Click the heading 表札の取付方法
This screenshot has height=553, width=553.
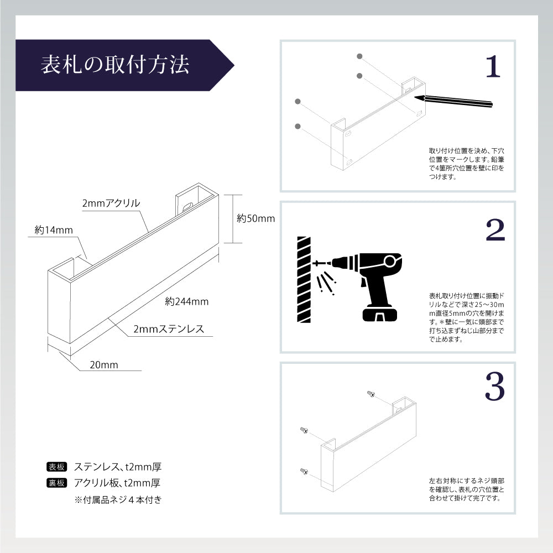pos(115,65)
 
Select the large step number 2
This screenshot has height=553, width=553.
pos(494,231)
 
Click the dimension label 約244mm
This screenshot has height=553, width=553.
pos(186,301)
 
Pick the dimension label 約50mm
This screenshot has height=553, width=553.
pos(255,218)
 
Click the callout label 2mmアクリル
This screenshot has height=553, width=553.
pos(111,204)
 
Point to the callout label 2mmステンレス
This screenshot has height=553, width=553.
pos(169,330)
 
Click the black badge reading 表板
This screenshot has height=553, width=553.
pos(57,466)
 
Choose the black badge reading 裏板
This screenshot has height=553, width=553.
pos(57,483)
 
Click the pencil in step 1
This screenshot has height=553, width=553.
pos(453,101)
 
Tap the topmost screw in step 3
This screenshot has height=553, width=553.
pos(371,394)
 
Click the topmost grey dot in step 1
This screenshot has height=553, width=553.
pos(359,56)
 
